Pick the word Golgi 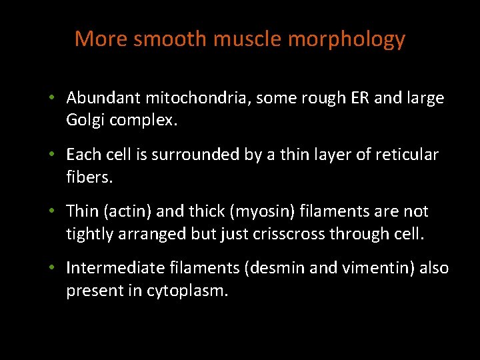[83, 121]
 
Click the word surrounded [187, 155]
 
